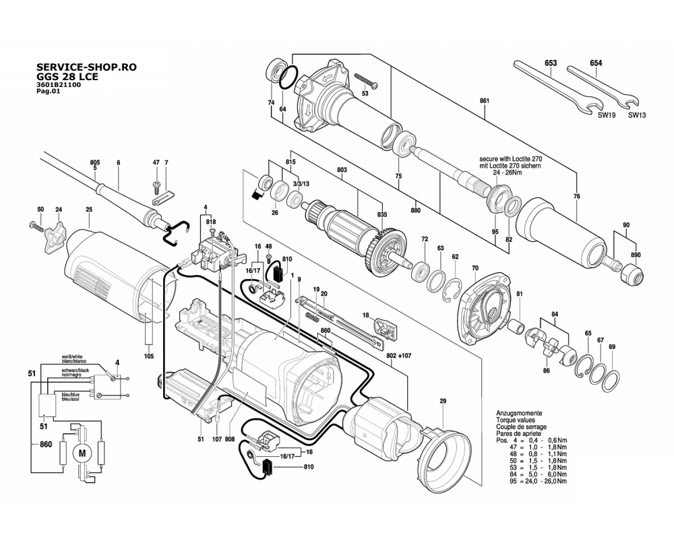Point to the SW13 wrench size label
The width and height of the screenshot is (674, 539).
[637, 115]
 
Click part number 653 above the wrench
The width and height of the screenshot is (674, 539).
[551, 63]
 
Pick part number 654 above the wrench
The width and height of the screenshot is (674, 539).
[596, 63]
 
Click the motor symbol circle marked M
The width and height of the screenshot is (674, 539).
[83, 453]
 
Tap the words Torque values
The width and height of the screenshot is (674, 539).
[517, 420]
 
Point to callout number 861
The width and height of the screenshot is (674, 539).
[484, 101]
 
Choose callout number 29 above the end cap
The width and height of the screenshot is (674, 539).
[443, 402]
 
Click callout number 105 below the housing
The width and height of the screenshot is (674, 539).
[149, 356]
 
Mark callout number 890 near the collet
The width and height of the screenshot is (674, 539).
[636, 255]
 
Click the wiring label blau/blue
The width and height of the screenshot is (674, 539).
[71, 394]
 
